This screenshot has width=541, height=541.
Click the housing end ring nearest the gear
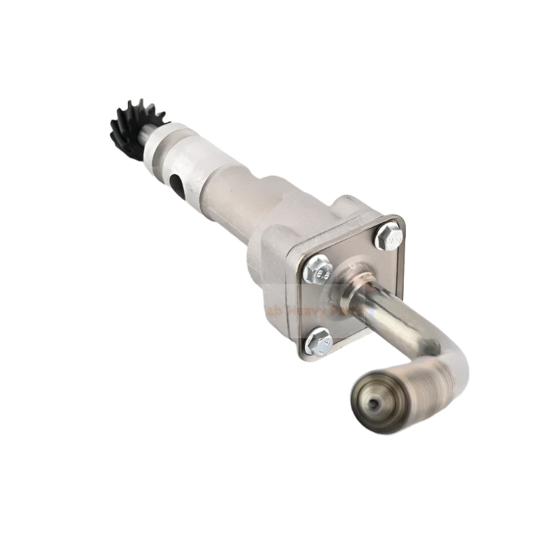pyautogui.click(x=162, y=142)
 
